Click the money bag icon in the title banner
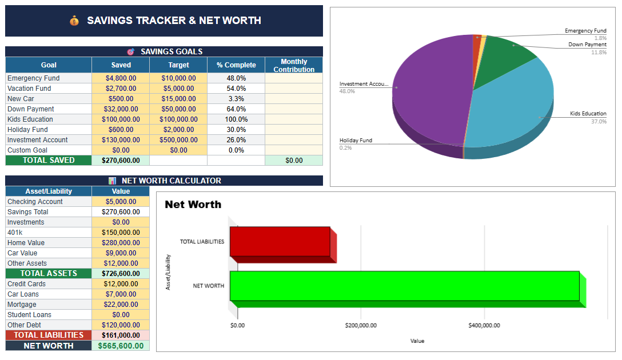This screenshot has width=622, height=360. pyautogui.click(x=74, y=21)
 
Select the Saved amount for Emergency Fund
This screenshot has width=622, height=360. pyautogui.click(x=121, y=78)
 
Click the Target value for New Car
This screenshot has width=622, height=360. pyautogui.click(x=178, y=99)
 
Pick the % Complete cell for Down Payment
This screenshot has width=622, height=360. pyautogui.click(x=236, y=109)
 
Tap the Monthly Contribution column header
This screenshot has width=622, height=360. pyautogui.click(x=294, y=65)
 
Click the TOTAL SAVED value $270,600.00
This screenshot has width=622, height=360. pyautogui.click(x=121, y=161)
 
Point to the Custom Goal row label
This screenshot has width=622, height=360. pyautogui.click(x=27, y=150)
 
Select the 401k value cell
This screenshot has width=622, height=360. pyautogui.click(x=121, y=233)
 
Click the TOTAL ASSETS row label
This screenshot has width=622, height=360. pyautogui.click(x=49, y=274)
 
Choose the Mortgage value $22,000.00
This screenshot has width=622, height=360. pyautogui.click(x=121, y=305)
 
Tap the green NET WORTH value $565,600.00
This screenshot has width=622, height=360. pyautogui.click(x=121, y=346)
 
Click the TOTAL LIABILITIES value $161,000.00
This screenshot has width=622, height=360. pyautogui.click(x=121, y=335)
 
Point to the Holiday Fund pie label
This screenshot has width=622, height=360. pyautogui.click(x=356, y=141)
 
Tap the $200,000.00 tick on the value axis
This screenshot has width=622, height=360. pyautogui.click(x=361, y=326)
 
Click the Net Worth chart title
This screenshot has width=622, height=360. pyautogui.click(x=193, y=205)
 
